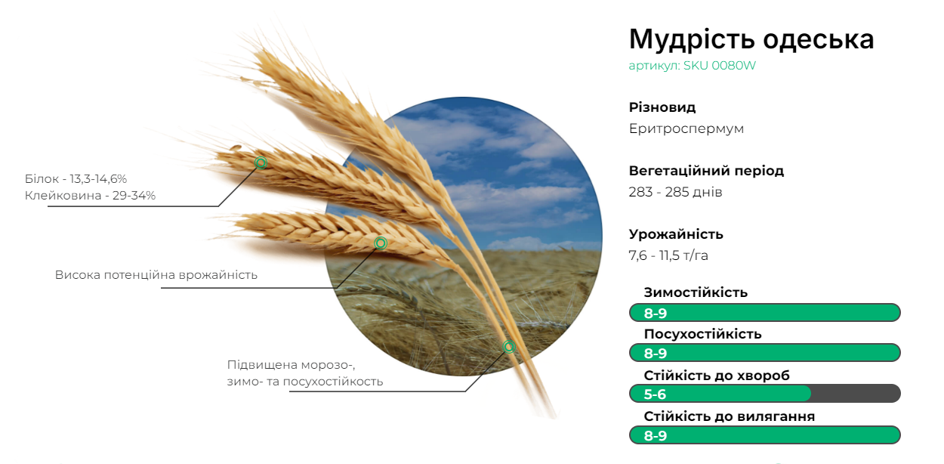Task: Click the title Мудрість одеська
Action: (751, 39)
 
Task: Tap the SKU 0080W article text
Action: (720, 66)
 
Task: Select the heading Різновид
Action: (662, 107)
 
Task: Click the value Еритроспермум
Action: (686, 128)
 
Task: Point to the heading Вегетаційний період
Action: (706, 171)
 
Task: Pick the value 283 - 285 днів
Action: (675, 193)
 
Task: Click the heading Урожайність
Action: (676, 234)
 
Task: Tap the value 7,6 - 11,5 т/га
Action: (668, 255)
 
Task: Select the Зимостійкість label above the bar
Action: (696, 292)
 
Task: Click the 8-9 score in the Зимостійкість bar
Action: (656, 314)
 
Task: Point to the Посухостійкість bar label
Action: (702, 334)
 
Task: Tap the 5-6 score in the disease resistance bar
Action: (655, 394)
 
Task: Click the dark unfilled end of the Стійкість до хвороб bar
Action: (856, 394)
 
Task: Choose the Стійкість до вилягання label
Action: (729, 416)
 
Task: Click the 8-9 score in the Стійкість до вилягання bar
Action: (656, 436)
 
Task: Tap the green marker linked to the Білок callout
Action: (261, 162)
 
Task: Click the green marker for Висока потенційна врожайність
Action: (381, 243)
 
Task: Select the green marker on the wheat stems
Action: (509, 347)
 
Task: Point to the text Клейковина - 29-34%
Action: (90, 196)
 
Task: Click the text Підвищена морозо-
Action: (292, 365)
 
